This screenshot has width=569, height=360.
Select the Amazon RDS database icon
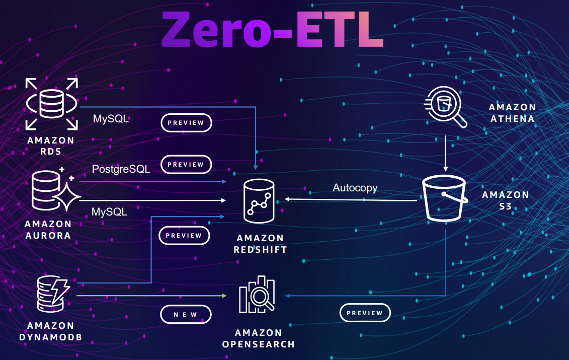click(x=52, y=103)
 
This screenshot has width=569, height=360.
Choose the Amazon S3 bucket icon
click(x=444, y=198)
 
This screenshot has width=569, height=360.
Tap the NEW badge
click(x=186, y=315)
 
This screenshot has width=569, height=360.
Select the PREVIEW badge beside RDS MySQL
click(x=186, y=123)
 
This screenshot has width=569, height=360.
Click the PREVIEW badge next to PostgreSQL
click(x=186, y=165)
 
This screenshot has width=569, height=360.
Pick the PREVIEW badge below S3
click(x=365, y=313)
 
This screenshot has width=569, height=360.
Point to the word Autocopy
click(x=355, y=188)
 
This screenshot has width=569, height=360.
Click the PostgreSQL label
click(x=121, y=169)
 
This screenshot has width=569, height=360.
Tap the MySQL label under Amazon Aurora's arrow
click(x=109, y=212)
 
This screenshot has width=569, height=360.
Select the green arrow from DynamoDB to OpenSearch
click(x=151, y=296)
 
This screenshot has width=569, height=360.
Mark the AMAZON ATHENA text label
click(x=512, y=113)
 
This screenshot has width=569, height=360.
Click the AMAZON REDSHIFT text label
click(x=260, y=244)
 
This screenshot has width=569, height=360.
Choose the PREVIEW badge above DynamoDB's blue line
click(x=184, y=236)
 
